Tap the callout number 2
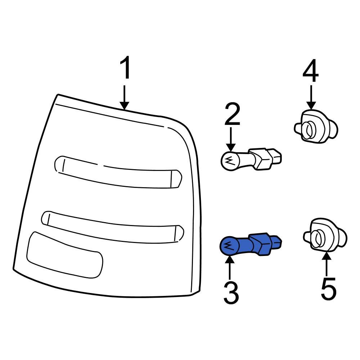(x=232, y=114)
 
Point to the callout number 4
(x=310, y=71)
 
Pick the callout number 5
(x=328, y=288)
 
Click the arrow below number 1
(x=125, y=97)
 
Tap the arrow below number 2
(x=231, y=139)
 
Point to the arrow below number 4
(x=311, y=97)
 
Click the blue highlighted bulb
(x=251, y=245)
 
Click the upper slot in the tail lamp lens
(x=118, y=172)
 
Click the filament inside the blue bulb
(x=229, y=246)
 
